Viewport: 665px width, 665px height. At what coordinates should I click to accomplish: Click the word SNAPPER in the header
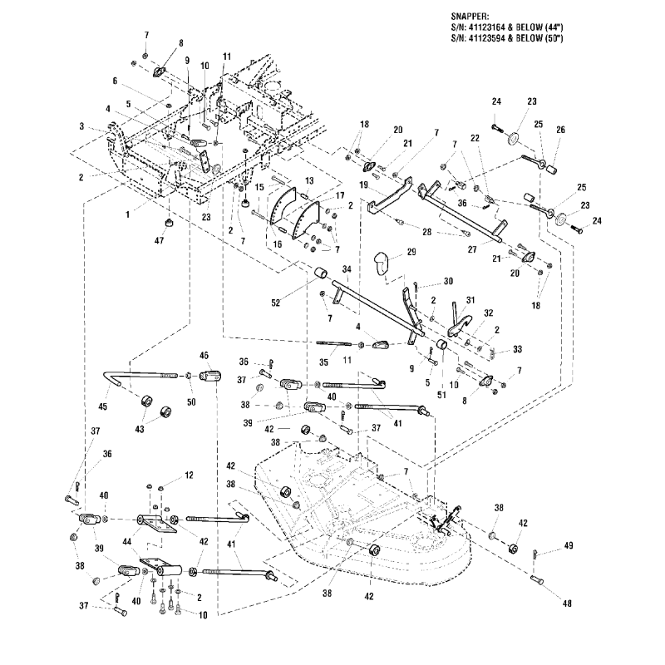[x=471, y=14]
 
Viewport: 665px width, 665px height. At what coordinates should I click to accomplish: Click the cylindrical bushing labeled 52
[x=318, y=273]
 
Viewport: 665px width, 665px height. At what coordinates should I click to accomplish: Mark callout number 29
[x=410, y=250]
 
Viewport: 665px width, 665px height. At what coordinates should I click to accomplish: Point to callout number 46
[x=204, y=356]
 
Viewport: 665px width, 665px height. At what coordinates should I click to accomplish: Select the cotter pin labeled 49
[x=538, y=552]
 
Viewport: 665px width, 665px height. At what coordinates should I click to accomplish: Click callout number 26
[x=559, y=130]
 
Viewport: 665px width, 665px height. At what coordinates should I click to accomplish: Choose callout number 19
[x=363, y=185]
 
